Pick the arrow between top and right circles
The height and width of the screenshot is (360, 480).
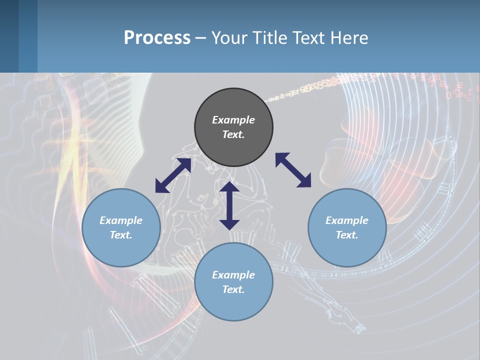293,170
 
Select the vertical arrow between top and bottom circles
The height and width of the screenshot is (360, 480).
229,205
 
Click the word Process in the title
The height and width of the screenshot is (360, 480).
157,37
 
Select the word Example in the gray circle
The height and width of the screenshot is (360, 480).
233,120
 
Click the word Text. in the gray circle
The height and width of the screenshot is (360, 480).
233,134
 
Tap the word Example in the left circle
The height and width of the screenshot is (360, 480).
121,220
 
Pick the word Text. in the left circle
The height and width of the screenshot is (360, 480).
121,235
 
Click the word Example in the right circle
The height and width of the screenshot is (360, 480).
347,220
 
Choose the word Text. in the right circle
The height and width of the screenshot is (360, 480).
347,235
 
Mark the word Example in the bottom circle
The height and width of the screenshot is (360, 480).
233,275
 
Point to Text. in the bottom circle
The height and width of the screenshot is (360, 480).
233,289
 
